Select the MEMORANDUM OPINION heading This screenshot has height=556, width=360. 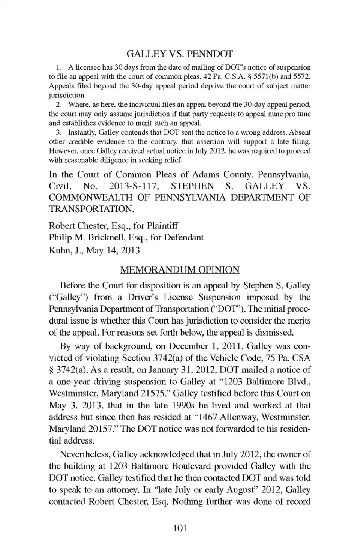[180, 270]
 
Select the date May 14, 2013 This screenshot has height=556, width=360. [113, 250]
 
